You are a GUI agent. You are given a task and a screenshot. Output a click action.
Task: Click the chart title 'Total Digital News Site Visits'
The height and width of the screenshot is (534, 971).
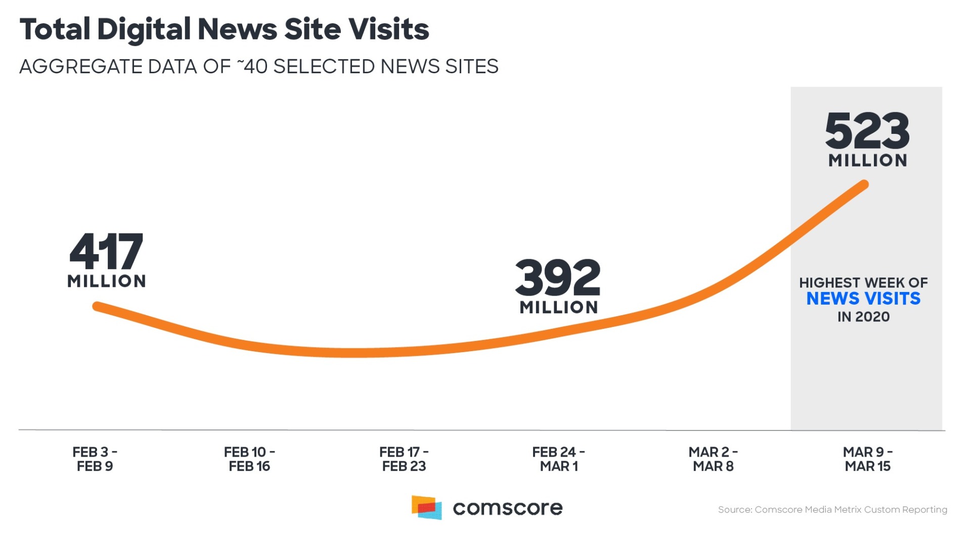tap(224, 29)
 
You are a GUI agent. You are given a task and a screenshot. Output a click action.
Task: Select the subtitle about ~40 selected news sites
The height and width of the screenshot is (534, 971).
tap(258, 66)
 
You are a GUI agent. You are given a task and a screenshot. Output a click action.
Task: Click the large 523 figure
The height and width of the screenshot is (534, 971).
tap(867, 130)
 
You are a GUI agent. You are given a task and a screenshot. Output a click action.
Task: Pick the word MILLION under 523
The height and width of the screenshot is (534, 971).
tap(867, 160)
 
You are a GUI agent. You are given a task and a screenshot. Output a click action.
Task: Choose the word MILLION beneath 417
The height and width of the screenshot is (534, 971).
tap(106, 281)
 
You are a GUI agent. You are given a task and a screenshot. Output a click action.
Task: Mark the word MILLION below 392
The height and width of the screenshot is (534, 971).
tap(558, 307)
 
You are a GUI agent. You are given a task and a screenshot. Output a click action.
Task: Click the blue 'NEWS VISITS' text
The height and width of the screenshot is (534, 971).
tap(863, 299)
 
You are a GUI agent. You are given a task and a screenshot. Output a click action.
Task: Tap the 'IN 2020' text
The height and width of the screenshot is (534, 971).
tap(863, 317)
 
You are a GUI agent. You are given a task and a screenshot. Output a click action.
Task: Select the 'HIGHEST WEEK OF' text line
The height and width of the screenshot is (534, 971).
tap(863, 282)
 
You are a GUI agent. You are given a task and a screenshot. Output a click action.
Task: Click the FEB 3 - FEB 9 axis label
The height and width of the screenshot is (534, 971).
tap(95, 459)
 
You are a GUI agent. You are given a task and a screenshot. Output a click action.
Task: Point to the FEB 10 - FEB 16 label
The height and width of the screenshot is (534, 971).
tap(249, 459)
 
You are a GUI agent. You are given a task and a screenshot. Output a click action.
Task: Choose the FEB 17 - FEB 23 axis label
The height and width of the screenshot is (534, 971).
tap(404, 459)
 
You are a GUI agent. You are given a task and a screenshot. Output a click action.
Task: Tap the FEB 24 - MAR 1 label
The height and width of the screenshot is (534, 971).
tap(558, 459)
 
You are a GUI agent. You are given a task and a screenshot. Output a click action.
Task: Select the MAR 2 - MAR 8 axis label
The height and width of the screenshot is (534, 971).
tap(713, 459)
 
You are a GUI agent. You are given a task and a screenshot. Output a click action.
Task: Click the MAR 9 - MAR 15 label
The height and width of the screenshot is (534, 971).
tap(867, 459)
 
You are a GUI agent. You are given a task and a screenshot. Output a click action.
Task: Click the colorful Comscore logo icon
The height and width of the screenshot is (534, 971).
tap(426, 507)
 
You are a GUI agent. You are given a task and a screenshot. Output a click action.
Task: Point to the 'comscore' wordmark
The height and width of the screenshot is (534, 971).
tap(507, 508)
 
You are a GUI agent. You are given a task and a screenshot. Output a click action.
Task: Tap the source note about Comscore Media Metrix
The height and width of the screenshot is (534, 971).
tap(832, 509)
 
